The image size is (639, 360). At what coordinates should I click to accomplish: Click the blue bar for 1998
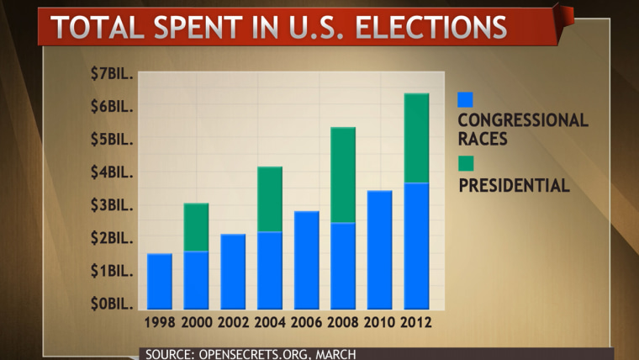(x=160, y=281)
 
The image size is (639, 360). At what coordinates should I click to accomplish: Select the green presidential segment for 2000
(x=196, y=227)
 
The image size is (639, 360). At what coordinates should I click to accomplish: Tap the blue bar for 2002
(x=233, y=271)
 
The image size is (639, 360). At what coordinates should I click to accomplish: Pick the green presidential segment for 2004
(x=270, y=199)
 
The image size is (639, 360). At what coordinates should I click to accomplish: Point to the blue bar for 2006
(x=307, y=260)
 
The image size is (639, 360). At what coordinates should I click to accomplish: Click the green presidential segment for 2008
(x=343, y=175)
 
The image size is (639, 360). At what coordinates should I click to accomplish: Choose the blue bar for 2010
(x=380, y=250)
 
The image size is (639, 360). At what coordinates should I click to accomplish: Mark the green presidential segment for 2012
(x=417, y=138)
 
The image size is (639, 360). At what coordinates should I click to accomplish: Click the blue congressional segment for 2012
(x=417, y=246)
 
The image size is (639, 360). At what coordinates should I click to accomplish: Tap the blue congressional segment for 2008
(x=343, y=266)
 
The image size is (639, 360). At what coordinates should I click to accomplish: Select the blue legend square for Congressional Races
(x=465, y=99)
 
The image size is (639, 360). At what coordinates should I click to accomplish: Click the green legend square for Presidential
(x=465, y=162)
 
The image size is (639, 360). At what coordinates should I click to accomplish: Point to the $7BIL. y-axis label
(x=112, y=74)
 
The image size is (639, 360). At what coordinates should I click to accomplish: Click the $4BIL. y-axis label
(x=112, y=172)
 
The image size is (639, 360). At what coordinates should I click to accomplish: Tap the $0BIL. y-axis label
(x=112, y=304)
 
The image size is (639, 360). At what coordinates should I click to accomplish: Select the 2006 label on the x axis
(x=307, y=323)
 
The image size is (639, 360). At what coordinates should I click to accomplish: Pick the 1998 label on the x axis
(x=160, y=323)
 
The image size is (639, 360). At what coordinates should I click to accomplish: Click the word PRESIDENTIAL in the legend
(x=514, y=184)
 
